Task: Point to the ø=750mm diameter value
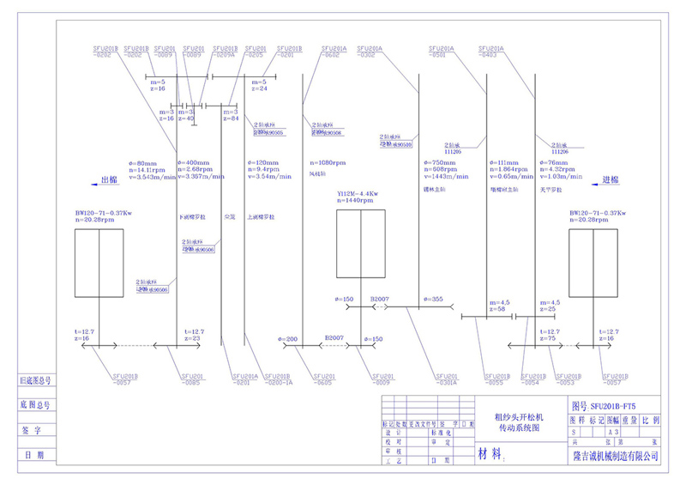click(x=440, y=162)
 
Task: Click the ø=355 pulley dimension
click(x=433, y=299)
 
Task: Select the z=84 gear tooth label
click(x=230, y=118)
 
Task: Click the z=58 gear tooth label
click(x=497, y=309)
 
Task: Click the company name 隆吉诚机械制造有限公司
click(x=617, y=457)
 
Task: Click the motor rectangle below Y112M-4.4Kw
click(x=361, y=247)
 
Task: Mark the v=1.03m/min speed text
click(x=563, y=177)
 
